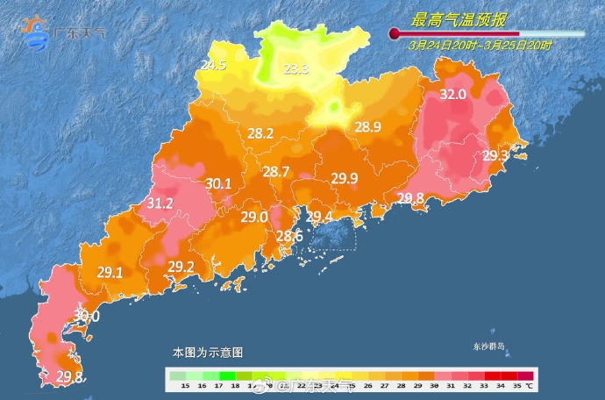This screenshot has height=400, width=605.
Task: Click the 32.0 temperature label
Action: [452, 95]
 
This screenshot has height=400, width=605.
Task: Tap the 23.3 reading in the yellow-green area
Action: [295, 69]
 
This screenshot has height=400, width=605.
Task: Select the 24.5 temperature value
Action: [214, 66]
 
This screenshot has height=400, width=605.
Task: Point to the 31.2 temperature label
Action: [159, 204]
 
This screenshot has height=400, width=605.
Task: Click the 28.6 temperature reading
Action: [289, 237]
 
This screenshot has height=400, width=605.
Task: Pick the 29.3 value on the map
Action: [495, 155]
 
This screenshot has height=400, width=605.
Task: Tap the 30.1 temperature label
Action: [218, 183]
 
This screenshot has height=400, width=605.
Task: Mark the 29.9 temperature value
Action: [345, 179]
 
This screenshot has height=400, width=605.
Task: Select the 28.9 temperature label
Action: [367, 128]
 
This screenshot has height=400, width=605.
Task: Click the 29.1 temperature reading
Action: [110, 273]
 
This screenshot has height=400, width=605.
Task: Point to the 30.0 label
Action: [87, 316]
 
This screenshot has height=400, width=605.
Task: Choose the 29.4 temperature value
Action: [318, 218]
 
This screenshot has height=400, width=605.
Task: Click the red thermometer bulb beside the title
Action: [395, 34]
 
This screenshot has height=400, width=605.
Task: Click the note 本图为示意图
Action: [207, 352]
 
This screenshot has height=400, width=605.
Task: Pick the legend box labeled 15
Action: [185, 384]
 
